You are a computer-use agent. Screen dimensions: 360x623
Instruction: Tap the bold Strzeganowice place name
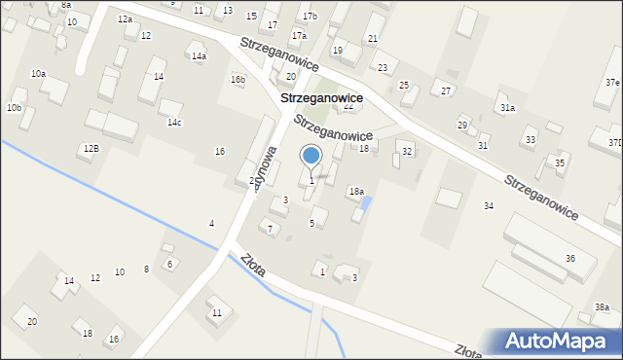click(321, 98)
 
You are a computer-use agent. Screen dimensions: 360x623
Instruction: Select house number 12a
click(125, 19)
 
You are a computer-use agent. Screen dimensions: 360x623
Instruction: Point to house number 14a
click(199, 56)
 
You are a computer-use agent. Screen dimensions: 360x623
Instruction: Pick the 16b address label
click(238, 79)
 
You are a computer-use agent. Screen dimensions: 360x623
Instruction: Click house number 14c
click(174, 122)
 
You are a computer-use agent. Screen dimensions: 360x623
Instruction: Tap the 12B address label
click(91, 148)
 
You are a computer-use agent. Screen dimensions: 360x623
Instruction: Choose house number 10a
click(38, 74)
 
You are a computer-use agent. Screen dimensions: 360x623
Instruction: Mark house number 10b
click(14, 107)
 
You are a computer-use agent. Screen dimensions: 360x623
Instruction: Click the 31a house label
click(507, 108)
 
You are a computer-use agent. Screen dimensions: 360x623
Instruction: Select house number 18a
click(357, 192)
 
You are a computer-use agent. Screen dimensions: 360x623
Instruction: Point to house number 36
click(570, 258)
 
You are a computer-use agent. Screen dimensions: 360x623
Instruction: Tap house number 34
click(489, 205)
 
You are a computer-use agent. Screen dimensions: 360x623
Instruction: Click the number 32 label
click(407, 151)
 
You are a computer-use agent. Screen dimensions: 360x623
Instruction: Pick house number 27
click(446, 90)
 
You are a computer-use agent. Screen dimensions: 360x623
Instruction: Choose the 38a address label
click(603, 307)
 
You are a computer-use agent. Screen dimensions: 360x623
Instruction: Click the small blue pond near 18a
click(366, 202)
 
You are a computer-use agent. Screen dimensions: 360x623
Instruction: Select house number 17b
click(310, 17)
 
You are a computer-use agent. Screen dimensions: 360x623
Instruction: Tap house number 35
click(560, 162)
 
